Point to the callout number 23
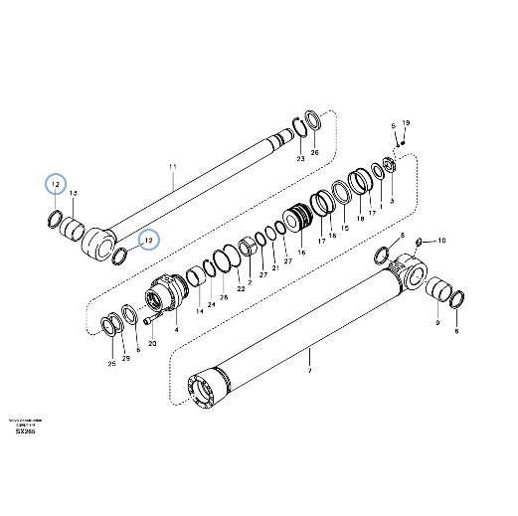pos(300,158)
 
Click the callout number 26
pos(315,153)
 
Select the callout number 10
pos(443,241)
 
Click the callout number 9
pos(437,322)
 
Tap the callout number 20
pos(152,343)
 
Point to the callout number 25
pos(111,364)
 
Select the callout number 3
pos(392,200)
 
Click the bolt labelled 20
pos(148,321)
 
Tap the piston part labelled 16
pos(301,218)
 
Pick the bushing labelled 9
pos(436,292)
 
